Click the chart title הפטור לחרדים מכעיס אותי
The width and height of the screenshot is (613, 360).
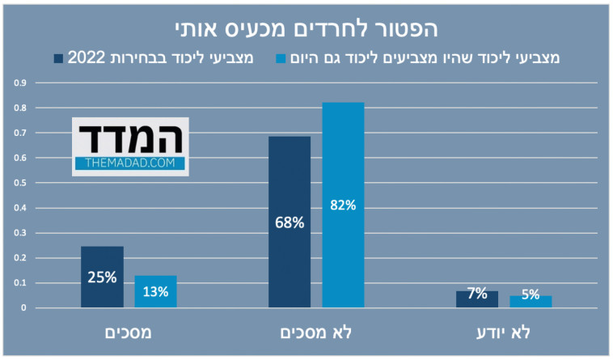(x=306, y=28)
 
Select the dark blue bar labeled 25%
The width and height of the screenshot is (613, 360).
(x=102, y=277)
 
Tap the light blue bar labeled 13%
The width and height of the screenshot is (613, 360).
(x=155, y=291)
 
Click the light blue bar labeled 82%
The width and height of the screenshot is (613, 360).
(x=343, y=205)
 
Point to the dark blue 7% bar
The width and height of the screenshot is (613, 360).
(x=477, y=299)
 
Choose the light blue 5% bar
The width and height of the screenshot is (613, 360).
(x=531, y=301)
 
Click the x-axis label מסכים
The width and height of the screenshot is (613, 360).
(x=129, y=332)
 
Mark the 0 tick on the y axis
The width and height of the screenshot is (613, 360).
(x=24, y=308)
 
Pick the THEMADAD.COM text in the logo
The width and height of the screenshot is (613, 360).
(x=130, y=163)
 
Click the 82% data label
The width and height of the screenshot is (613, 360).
(x=343, y=205)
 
